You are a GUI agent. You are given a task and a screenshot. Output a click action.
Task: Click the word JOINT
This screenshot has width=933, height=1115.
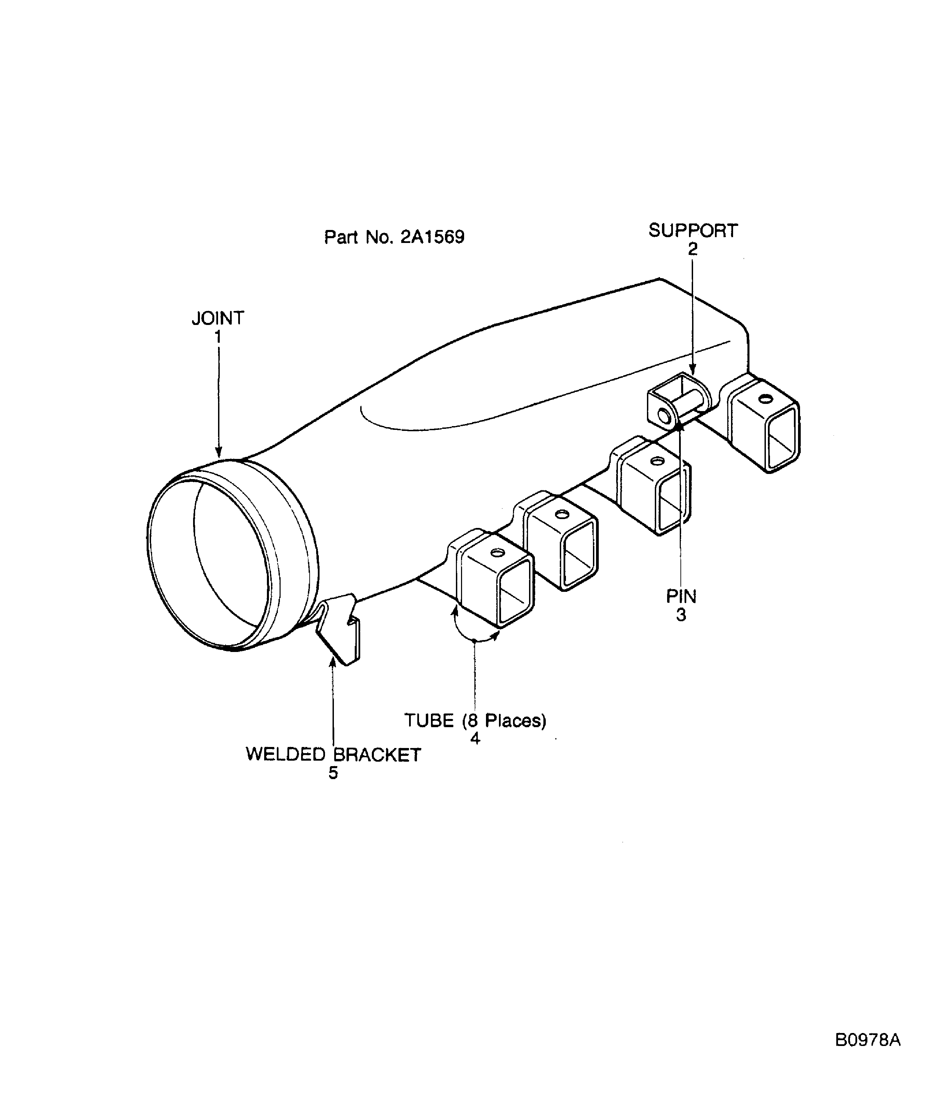click(x=218, y=318)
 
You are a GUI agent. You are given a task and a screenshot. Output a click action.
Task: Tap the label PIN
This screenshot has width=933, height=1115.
click(x=681, y=596)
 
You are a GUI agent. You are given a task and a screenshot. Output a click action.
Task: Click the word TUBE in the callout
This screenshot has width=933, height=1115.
click(x=429, y=721)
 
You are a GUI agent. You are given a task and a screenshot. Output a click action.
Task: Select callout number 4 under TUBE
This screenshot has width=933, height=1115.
click(x=475, y=738)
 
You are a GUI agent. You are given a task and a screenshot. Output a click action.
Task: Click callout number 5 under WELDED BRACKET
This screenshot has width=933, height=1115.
click(x=333, y=773)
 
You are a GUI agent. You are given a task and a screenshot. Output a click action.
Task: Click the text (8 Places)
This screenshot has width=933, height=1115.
click(x=504, y=721)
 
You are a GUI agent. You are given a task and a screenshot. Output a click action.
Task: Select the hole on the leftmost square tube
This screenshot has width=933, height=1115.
click(x=497, y=553)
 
